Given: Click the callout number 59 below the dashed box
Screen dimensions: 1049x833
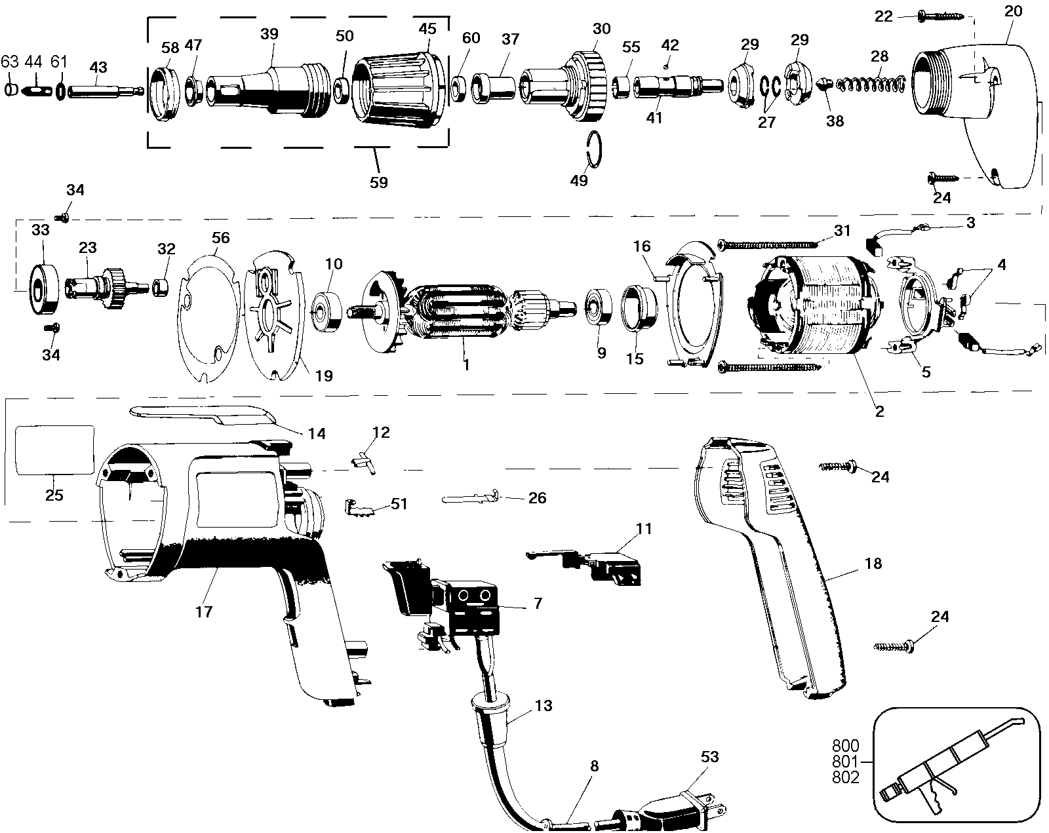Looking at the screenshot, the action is tap(379, 183).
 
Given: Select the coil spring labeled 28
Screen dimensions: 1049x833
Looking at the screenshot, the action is tap(871, 85).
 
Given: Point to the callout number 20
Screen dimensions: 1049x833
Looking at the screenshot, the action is tap(1013, 11).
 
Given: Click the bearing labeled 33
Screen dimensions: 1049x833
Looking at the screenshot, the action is tap(44, 289).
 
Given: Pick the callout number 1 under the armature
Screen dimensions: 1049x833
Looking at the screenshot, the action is tap(467, 364).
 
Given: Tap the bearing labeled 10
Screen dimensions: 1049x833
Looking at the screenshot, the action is tap(326, 311).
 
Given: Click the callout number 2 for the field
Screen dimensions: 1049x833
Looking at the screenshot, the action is tap(879, 412).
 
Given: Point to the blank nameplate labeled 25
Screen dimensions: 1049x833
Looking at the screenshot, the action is tap(55, 450).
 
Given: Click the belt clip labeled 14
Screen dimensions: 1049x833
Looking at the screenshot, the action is tap(203, 416).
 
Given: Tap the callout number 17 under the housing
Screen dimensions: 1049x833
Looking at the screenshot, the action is tap(204, 611).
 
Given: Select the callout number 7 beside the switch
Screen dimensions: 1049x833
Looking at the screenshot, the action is tap(538, 604).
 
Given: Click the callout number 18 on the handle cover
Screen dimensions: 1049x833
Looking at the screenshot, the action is tap(873, 564).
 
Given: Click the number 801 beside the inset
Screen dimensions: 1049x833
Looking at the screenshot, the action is tap(845, 761).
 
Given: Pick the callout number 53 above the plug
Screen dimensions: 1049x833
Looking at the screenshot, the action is tap(710, 757).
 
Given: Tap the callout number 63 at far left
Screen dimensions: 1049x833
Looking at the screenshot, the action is tap(10, 62).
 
